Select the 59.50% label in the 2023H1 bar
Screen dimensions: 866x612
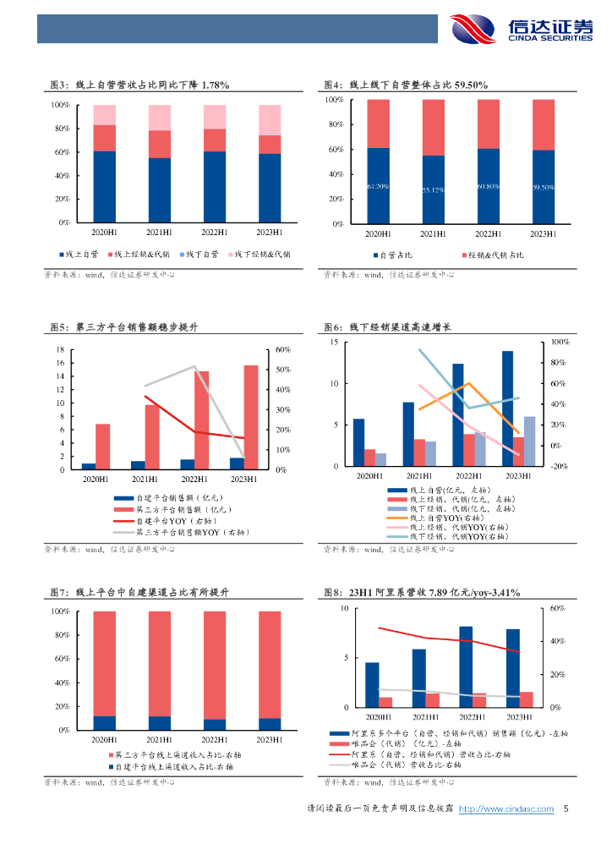click(x=543, y=187)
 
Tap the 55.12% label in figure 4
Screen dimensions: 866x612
click(x=432, y=189)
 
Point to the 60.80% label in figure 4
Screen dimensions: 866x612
click(x=488, y=186)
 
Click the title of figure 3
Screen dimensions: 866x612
click(x=140, y=85)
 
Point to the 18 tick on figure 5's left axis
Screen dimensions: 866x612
click(x=60, y=349)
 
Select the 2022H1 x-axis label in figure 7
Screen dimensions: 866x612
click(x=216, y=740)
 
